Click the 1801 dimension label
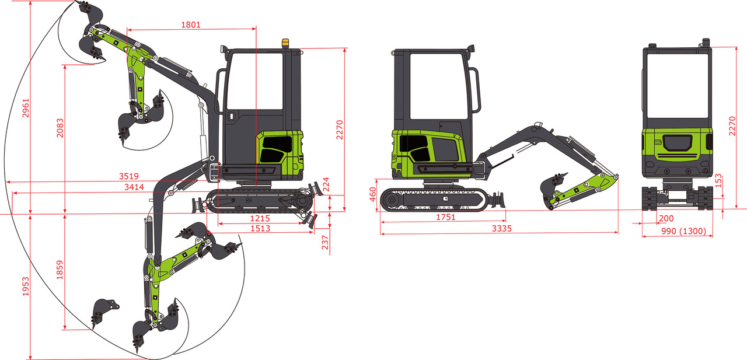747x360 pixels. pos(191,25)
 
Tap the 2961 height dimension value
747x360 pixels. pos(26,108)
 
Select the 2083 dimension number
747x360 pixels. pos(60,128)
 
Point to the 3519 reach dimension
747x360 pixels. pos(129,176)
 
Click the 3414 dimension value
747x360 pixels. pos(134,187)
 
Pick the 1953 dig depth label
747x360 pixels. pos(26,286)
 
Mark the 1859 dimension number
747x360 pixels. pos(60,270)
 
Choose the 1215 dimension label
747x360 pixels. pos(260,218)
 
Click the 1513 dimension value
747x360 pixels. pos(260,228)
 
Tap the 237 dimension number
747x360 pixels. pos(325,242)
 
